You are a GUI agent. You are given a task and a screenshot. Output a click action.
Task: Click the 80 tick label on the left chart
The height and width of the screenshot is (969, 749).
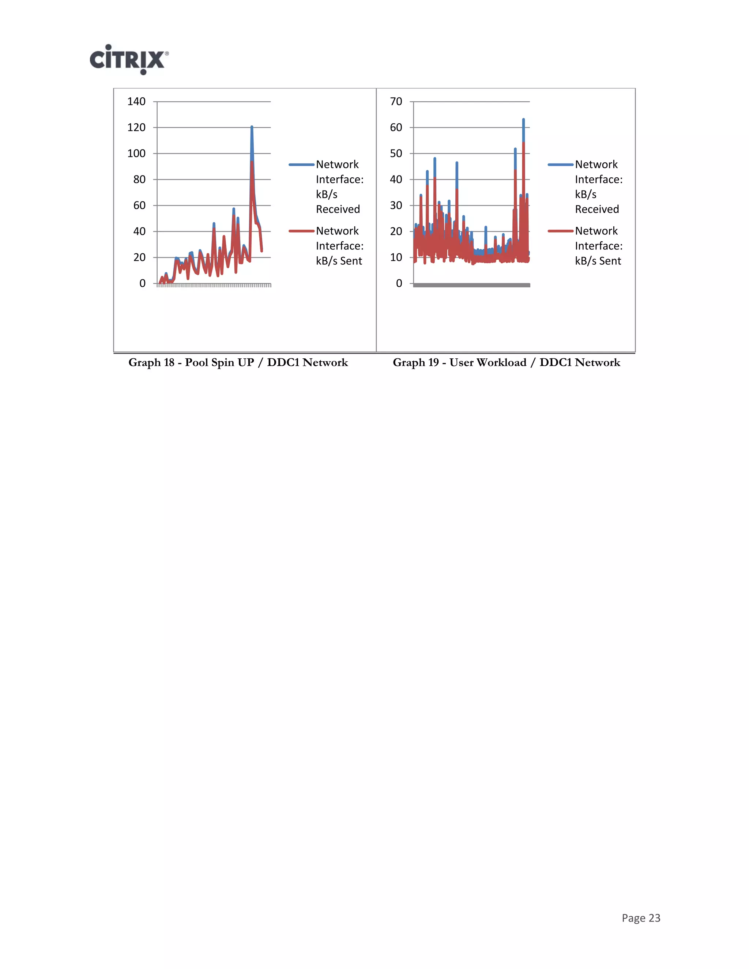[139, 179]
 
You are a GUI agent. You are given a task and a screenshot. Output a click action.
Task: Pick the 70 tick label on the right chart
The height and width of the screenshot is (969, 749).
[396, 102]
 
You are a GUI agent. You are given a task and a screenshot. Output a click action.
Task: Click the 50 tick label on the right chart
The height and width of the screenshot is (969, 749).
[396, 154]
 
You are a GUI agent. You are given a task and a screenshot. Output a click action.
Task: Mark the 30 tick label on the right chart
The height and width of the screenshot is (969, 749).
[396, 206]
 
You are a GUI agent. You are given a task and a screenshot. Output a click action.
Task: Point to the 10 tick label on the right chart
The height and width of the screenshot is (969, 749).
[396, 257]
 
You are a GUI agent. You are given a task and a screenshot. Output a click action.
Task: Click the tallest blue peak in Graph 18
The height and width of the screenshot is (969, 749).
[252, 127]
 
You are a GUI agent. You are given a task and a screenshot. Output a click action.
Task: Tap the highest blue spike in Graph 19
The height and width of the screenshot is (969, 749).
[523, 120]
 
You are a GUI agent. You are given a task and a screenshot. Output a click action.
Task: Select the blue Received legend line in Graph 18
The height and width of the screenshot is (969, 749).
[301, 165]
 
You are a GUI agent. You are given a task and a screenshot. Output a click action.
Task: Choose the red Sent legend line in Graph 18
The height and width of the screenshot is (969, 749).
[301, 231]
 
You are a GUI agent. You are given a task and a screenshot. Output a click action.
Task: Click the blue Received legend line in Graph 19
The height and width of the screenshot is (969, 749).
[560, 165]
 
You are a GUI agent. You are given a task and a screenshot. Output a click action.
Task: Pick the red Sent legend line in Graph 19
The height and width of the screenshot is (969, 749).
[560, 231]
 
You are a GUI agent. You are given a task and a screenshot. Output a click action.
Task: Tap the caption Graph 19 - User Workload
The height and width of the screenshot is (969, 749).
[506, 362]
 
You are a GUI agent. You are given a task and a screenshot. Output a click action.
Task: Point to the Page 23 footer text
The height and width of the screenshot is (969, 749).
[641, 918]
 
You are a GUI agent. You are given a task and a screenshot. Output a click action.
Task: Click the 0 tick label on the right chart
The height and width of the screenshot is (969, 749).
[399, 283]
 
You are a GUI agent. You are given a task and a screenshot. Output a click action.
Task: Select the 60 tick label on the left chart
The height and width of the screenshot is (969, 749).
[139, 206]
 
